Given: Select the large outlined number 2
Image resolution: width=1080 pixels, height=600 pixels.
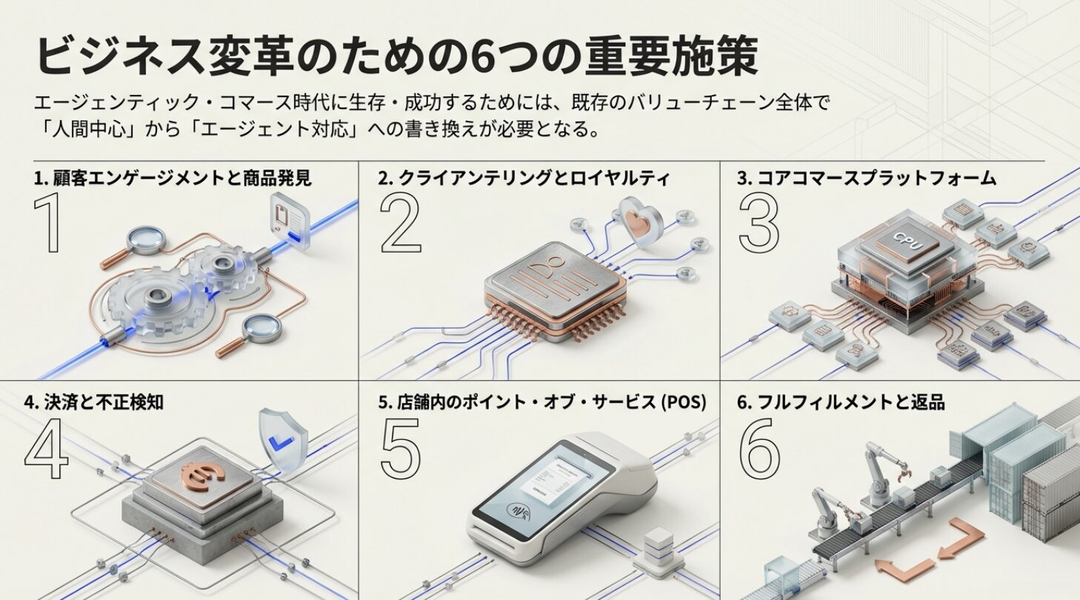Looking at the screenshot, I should [x=401, y=223].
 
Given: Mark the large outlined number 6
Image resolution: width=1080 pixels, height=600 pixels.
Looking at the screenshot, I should [x=759, y=448].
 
